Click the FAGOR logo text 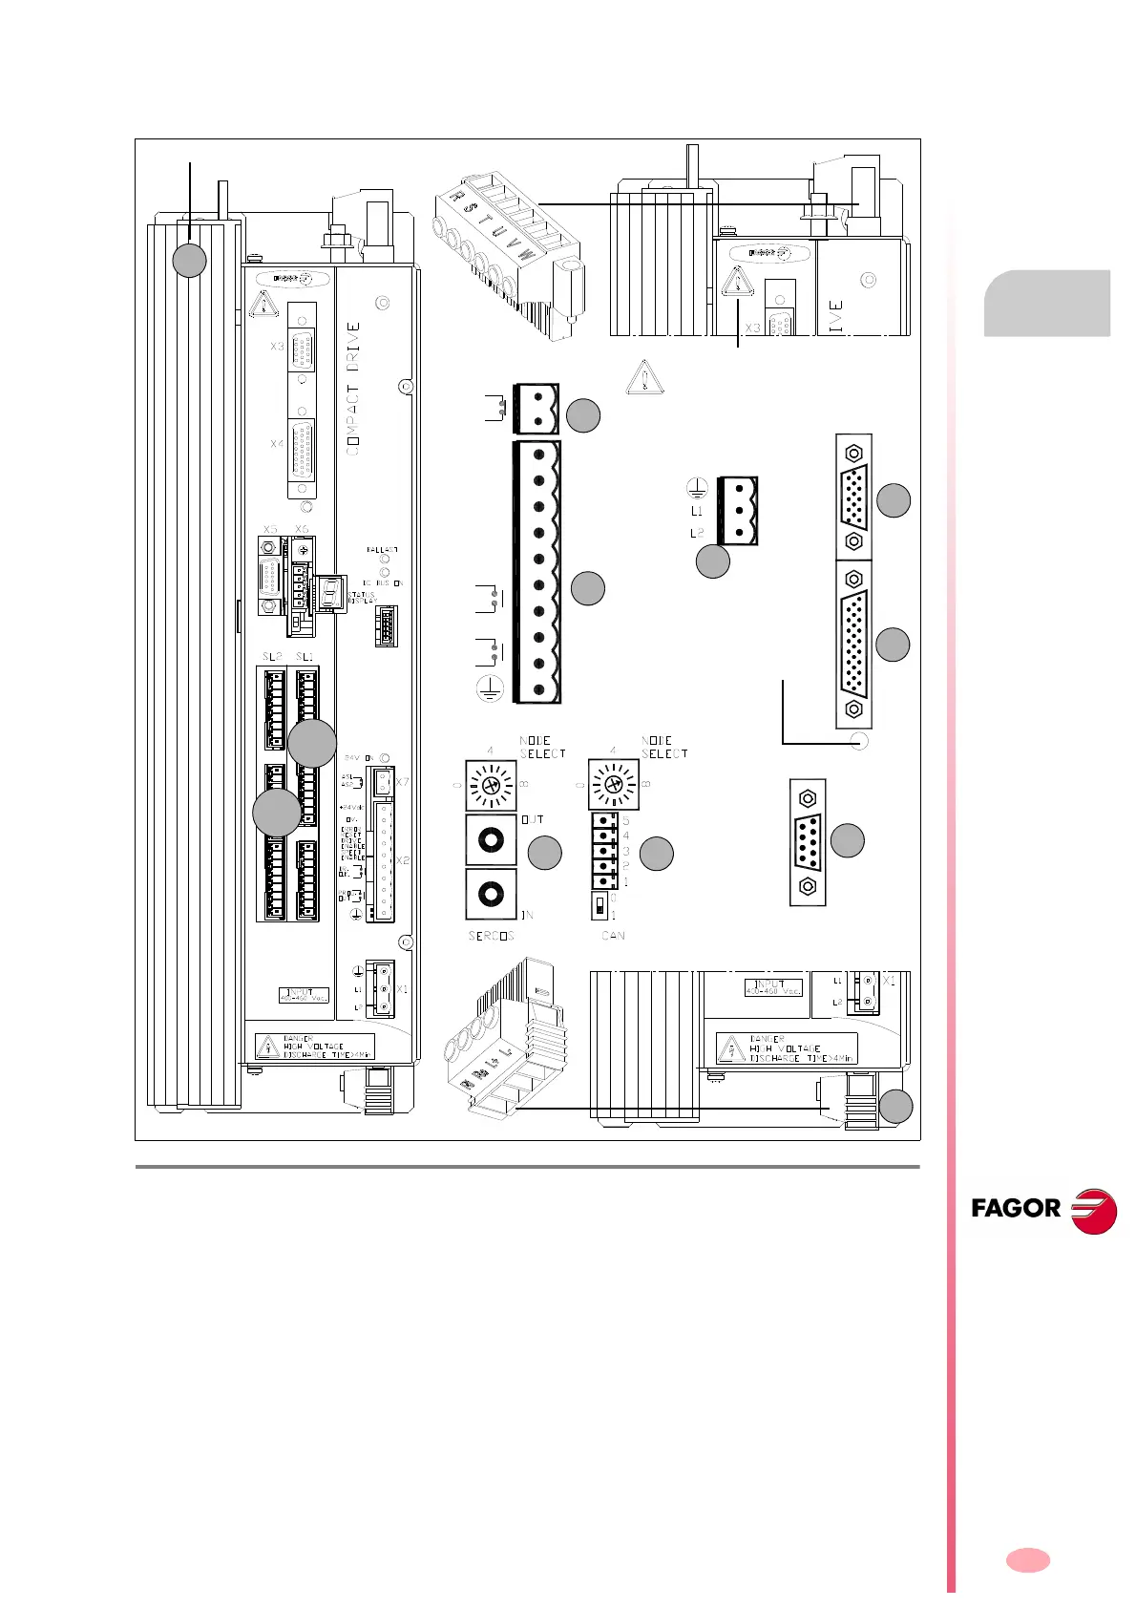click(x=1016, y=1209)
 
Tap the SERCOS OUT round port click(x=491, y=839)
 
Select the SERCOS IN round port click(x=491, y=894)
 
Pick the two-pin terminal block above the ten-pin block click(x=536, y=409)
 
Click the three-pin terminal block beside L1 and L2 click(x=738, y=511)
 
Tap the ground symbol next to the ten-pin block click(x=489, y=688)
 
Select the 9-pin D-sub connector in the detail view click(x=809, y=842)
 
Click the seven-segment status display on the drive click(x=331, y=593)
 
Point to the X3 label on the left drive click(x=277, y=346)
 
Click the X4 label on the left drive click(x=277, y=444)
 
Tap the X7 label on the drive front click(x=402, y=783)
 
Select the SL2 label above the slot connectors click(x=272, y=657)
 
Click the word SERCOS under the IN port click(x=491, y=936)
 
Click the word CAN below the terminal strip click(x=613, y=936)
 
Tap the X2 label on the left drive click(x=402, y=860)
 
